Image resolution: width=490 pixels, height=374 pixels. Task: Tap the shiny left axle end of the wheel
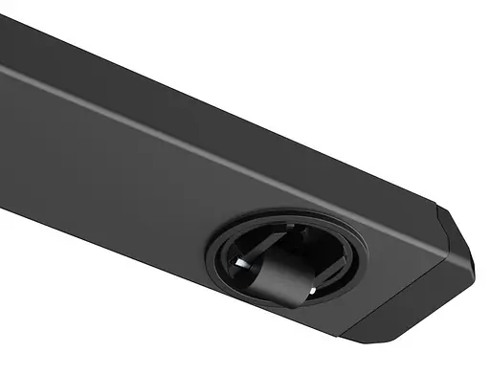[247, 265]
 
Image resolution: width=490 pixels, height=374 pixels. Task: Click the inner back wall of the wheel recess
[287, 234]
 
